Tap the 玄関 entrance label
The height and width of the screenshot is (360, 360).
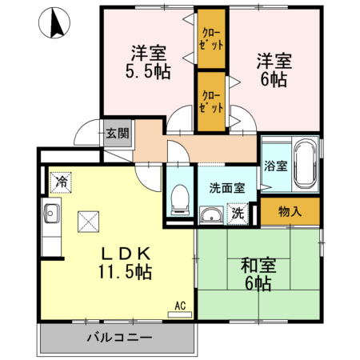pos(116,134)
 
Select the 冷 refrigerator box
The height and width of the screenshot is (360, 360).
pos(61,182)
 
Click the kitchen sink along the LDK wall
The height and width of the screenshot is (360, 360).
pos(51,214)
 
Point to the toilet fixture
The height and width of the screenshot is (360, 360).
pos(181,196)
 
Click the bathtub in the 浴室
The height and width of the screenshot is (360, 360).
pos(303,163)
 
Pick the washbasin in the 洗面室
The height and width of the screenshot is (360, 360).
pos(211,215)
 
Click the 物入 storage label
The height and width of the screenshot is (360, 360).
pos(290,211)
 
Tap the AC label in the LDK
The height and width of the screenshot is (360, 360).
pos(180,305)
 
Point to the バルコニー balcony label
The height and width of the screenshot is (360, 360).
pos(115,336)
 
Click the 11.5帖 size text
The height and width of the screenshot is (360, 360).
pos(126,271)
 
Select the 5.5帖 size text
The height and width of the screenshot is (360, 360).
pos(149,70)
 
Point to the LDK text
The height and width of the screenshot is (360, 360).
pos(126,253)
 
